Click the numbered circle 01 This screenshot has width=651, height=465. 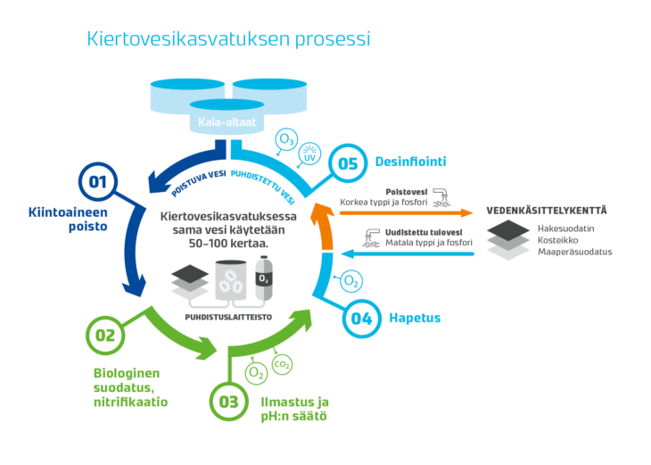click(x=98, y=181)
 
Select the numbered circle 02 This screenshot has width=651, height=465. click(x=105, y=336)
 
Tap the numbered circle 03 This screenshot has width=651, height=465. click(x=229, y=402)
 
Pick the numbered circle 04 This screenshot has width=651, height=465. click(x=362, y=319)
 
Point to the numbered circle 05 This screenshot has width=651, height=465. click(x=348, y=163)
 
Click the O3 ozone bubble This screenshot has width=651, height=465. click(x=286, y=139)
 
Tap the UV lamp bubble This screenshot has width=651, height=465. click(x=309, y=154)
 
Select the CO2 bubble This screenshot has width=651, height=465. click(x=282, y=364)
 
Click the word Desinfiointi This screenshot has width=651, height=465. click(x=410, y=162)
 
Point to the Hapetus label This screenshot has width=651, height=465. click(x=415, y=318)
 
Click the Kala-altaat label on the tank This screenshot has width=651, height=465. click(x=227, y=122)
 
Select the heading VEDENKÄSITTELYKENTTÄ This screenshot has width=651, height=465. click(x=547, y=211)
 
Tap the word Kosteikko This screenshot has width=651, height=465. click(x=557, y=240)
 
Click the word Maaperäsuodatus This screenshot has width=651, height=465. click(x=574, y=252)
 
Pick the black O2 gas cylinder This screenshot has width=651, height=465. click(x=264, y=278)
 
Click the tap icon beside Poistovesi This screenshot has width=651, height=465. click(x=441, y=197)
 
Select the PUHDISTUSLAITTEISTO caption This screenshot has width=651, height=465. click(x=228, y=317)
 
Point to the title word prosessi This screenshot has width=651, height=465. click(x=333, y=39)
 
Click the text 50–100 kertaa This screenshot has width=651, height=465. click(x=228, y=243)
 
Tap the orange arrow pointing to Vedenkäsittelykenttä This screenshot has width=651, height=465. click(x=406, y=212)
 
